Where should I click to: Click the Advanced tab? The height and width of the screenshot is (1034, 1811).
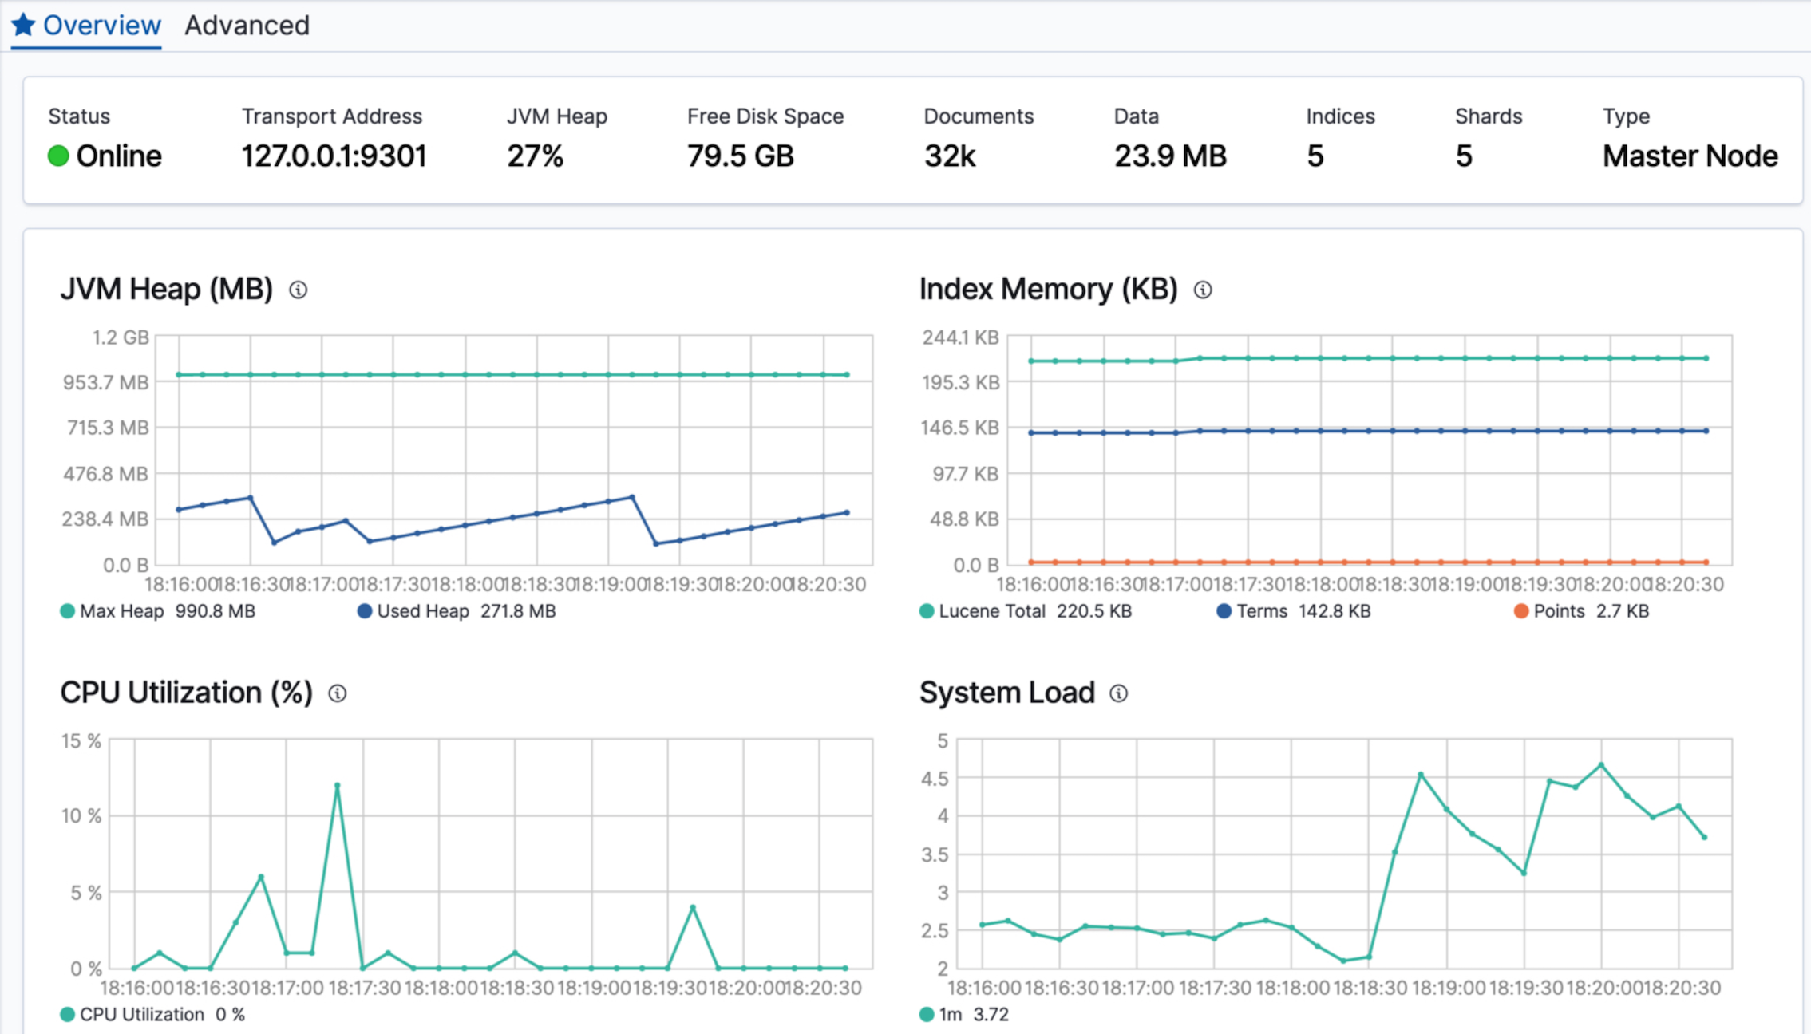247,26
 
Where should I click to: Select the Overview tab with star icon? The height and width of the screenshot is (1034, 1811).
86,26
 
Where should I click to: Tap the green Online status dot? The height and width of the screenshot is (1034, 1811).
58,156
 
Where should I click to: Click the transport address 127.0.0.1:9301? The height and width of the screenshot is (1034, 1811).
334,156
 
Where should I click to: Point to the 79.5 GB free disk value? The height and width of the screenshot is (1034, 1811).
740,156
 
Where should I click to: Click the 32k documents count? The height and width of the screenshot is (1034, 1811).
949,156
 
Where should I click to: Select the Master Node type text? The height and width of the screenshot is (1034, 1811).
1690,156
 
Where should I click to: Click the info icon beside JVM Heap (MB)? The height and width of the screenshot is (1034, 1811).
298,290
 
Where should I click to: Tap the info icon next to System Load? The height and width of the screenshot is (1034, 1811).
1118,693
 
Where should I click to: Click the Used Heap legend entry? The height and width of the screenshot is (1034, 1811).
422,611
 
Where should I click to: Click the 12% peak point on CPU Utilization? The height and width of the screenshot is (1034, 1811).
337,786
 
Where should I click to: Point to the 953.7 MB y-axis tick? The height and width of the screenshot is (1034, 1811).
105,383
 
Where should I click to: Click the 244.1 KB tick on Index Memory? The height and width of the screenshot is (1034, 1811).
960,337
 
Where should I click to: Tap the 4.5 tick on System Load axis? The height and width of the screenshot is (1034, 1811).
935,779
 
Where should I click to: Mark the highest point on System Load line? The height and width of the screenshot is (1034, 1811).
1601,765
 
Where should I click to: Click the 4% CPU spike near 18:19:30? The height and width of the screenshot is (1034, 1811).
693,908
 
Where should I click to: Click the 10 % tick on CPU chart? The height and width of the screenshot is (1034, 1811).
81,816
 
